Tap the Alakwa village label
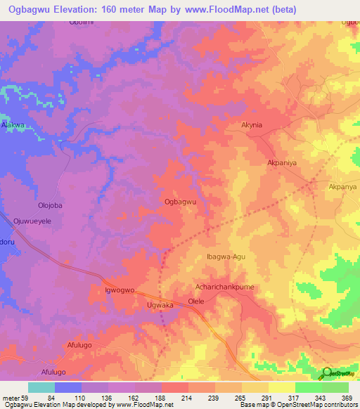pyautogui.click(x=13, y=124)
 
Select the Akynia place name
pyautogui.click(x=251, y=124)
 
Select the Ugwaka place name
pyautogui.click(x=160, y=306)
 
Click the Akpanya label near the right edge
pyautogui.click(x=343, y=187)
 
